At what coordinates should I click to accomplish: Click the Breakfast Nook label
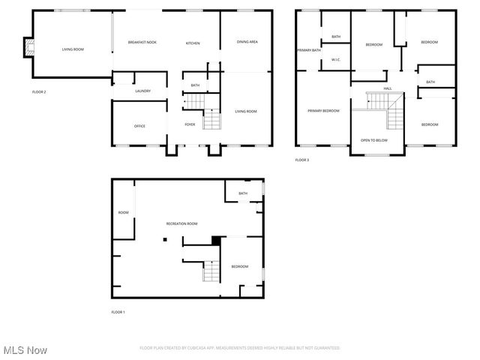click(142, 43)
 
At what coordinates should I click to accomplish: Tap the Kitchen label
click(193, 43)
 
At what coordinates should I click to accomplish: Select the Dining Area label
click(247, 42)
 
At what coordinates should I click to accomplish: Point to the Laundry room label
click(142, 91)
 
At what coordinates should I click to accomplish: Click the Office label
click(139, 126)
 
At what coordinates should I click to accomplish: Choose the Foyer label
click(190, 124)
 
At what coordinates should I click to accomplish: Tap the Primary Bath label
click(309, 50)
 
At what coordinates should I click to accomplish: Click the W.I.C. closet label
click(336, 61)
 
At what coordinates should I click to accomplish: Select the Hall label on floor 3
click(388, 88)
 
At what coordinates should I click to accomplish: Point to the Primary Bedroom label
click(323, 111)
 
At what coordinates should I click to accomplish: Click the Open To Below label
click(374, 140)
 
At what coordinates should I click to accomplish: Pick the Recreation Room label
click(181, 223)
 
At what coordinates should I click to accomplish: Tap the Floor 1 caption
click(118, 311)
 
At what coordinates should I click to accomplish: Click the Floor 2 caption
click(39, 91)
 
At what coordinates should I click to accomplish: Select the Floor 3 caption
click(301, 160)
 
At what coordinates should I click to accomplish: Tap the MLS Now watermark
click(25, 350)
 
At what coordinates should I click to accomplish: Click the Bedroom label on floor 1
click(240, 267)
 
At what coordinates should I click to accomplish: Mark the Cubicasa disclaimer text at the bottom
click(240, 348)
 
